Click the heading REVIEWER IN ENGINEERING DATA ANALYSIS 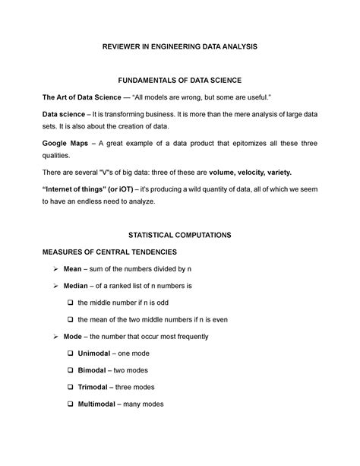(180, 47)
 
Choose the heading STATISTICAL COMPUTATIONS (180, 235)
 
